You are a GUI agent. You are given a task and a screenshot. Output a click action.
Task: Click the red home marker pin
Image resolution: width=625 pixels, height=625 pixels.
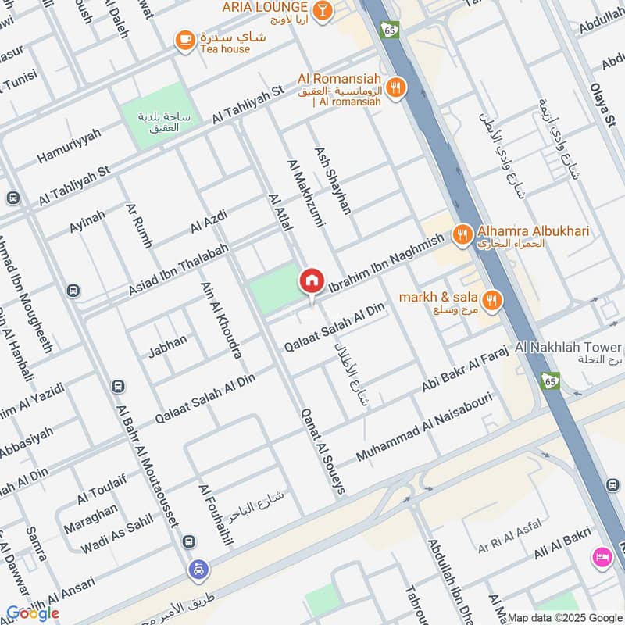click(312, 280)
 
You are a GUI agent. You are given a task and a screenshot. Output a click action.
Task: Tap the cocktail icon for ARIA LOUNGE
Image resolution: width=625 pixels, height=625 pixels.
click(321, 9)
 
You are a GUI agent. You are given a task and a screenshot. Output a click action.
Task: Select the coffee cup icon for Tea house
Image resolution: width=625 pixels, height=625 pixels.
click(184, 40)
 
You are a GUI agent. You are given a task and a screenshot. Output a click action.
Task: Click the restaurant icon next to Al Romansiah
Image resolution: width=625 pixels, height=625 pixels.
click(397, 87)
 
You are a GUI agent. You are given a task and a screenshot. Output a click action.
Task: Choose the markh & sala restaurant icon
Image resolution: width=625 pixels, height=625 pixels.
click(491, 299)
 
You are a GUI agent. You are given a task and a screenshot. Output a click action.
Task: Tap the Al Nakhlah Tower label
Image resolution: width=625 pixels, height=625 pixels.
click(568, 347)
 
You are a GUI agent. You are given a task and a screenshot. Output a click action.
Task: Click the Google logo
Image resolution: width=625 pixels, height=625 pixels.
click(33, 613)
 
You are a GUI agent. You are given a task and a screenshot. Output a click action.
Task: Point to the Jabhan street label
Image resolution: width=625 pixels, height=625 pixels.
click(168, 345)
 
